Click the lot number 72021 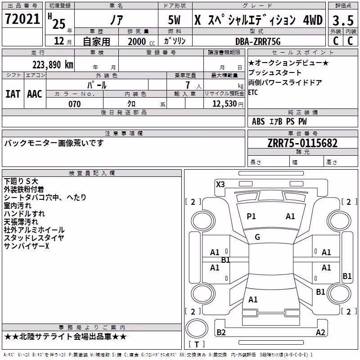click(22, 19)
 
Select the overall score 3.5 click(343, 20)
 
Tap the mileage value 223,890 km click(53, 65)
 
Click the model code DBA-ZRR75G click(258, 41)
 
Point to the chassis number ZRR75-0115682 click(302, 143)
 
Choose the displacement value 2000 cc click(141, 41)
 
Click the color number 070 click(75, 104)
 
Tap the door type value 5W click(174, 20)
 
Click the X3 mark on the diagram click(220, 184)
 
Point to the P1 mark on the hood click(251, 216)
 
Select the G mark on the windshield click(257, 237)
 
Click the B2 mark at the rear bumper click(221, 332)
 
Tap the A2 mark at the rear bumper click(320, 332)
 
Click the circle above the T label click(197, 328)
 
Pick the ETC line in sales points click(253, 93)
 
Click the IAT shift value click(13, 94)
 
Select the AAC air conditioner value click(35, 94)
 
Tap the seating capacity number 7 click(188, 85)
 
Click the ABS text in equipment click(258, 121)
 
